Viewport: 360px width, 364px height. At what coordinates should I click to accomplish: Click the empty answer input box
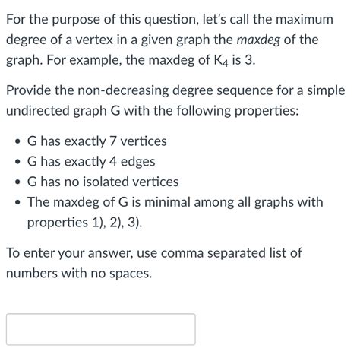pyautogui.click(x=100, y=329)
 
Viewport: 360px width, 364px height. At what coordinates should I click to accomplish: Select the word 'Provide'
pyautogui.click(x=30, y=90)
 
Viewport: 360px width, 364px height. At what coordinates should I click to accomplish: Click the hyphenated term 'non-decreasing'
pyautogui.click(x=127, y=90)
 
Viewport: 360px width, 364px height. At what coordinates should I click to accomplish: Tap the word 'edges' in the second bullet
pyautogui.click(x=136, y=162)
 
